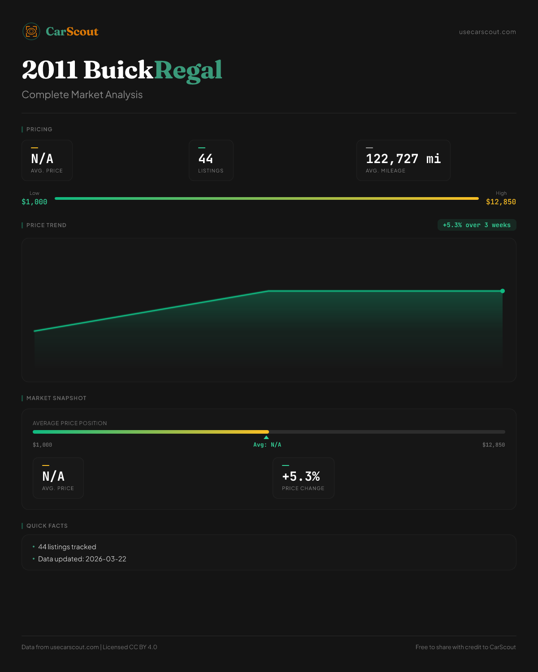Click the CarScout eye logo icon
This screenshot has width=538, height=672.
[31, 31]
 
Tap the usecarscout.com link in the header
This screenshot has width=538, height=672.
[487, 32]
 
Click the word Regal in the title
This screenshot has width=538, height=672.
[188, 70]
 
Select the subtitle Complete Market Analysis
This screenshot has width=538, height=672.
[82, 95]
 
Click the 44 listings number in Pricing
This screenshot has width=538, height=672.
[206, 159]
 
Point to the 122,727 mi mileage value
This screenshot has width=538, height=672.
[403, 159]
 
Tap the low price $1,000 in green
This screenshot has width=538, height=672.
[35, 202]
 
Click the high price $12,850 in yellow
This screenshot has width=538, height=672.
[501, 202]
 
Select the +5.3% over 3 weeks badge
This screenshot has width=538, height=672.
[477, 225]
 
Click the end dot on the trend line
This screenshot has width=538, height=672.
[503, 291]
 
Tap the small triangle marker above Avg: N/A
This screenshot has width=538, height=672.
[266, 437]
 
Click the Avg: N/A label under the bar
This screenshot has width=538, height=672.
[267, 445]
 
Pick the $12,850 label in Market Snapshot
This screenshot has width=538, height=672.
[494, 445]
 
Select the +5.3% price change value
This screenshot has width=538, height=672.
[301, 476]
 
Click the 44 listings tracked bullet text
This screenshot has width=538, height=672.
[67, 547]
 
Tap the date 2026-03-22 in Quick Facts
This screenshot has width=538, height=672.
[106, 559]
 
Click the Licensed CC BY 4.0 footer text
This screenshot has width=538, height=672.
[130, 647]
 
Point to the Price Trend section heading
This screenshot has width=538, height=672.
[46, 225]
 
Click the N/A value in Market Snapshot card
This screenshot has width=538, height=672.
[53, 476]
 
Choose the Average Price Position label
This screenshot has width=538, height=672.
[70, 423]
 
